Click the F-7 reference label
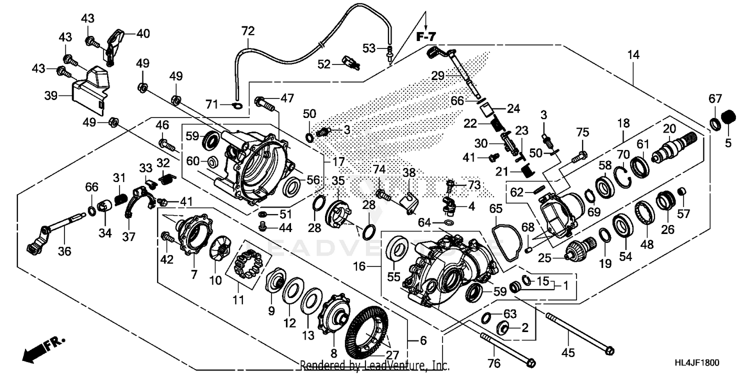tap(425, 36)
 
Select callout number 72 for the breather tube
tap(248, 31)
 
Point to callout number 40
tap(143, 34)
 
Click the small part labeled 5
tap(728, 116)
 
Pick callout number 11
tap(238, 300)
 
